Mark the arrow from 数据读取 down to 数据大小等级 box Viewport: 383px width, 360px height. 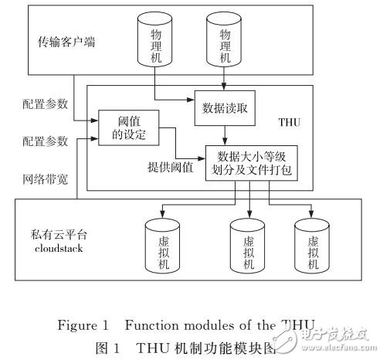pyautogui.click(x=225, y=136)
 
